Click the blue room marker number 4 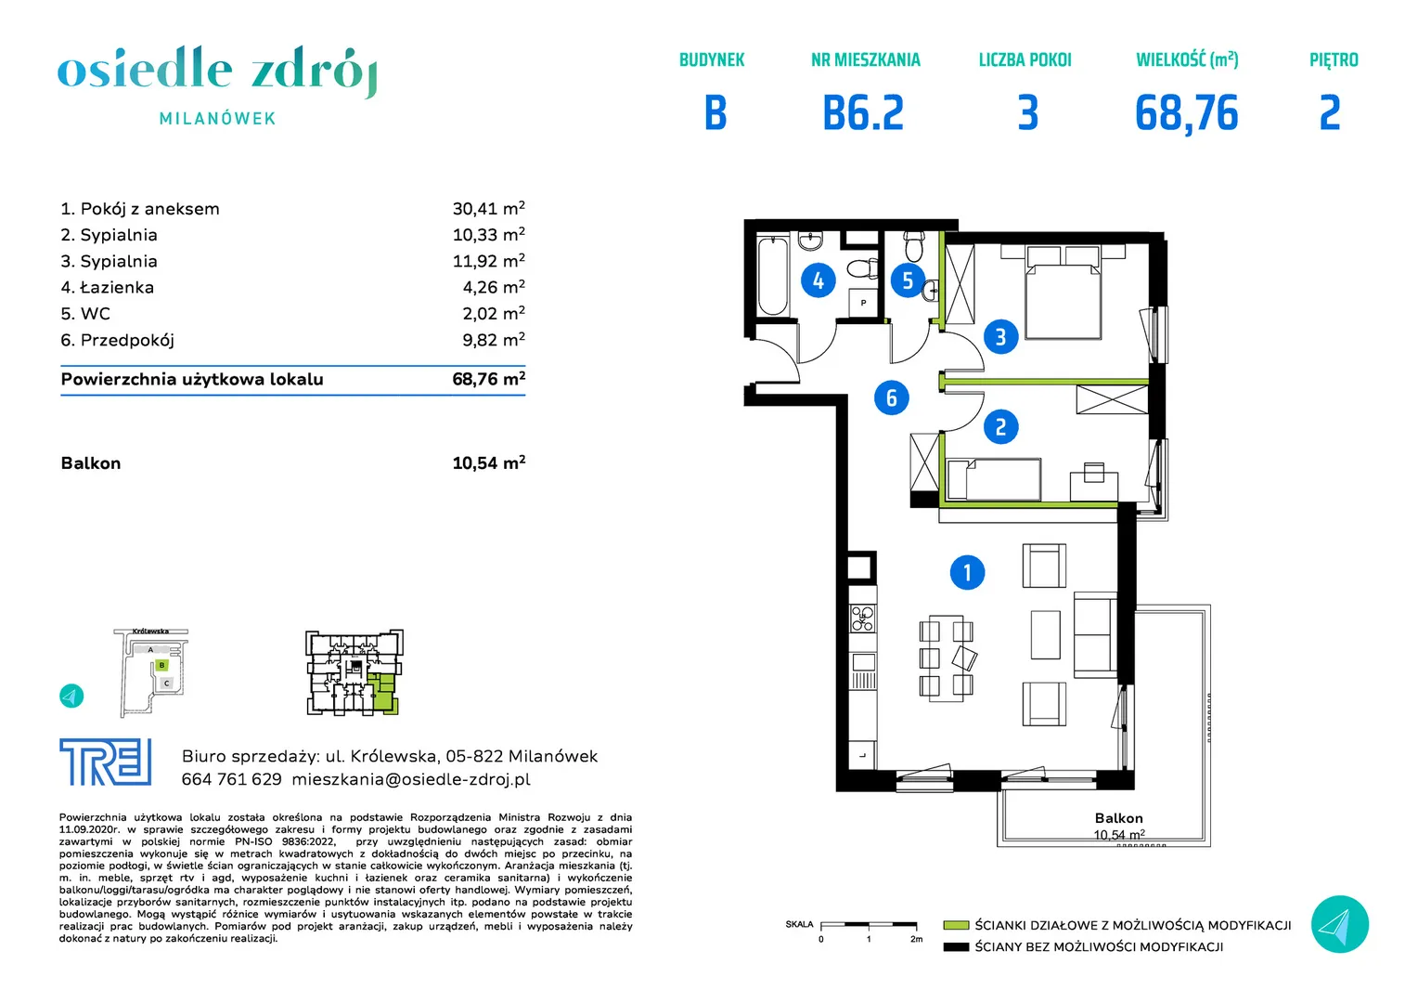pos(818,280)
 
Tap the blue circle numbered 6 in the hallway pos(891,397)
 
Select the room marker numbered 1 pos(967,573)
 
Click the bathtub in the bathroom pos(773,276)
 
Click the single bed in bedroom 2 pos(994,480)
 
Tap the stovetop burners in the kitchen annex pos(863,619)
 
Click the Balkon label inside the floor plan pos(1118,818)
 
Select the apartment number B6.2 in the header pos(863,113)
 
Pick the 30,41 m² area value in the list pos(489,208)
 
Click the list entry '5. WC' pos(85,314)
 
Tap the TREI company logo pos(106,762)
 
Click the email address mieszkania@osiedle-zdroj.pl pos(411,779)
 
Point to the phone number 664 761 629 pos(232,779)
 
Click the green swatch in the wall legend pos(956,925)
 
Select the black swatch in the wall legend pos(956,947)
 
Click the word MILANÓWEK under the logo pos(218,119)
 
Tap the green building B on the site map pos(162,665)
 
